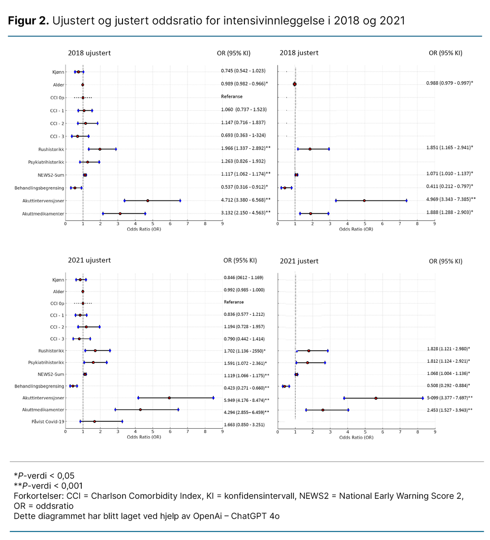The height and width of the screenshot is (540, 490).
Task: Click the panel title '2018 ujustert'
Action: click(89, 53)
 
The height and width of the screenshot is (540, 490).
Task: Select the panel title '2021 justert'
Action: click(299, 261)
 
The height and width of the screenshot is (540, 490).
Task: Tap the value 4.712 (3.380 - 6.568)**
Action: click(246, 199)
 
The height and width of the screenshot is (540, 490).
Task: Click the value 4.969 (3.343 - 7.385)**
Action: click(451, 199)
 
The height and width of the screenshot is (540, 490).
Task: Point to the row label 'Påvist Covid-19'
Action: click(48, 421)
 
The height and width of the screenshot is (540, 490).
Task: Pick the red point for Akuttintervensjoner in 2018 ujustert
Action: click(148, 200)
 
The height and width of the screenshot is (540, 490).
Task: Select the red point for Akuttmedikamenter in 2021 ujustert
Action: click(140, 409)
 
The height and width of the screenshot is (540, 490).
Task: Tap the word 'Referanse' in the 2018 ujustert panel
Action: click(232, 97)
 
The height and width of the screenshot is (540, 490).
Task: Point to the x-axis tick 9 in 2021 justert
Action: click(435, 431)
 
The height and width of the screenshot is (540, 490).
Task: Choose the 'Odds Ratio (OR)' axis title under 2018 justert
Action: click(356, 229)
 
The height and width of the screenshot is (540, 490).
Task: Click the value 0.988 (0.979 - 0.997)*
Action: click(449, 83)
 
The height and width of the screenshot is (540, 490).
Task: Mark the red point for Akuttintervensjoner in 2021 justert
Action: click(375, 398)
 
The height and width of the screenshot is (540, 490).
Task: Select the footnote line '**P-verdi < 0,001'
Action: click(48, 485)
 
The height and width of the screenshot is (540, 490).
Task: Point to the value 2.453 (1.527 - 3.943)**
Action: click(449, 409)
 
